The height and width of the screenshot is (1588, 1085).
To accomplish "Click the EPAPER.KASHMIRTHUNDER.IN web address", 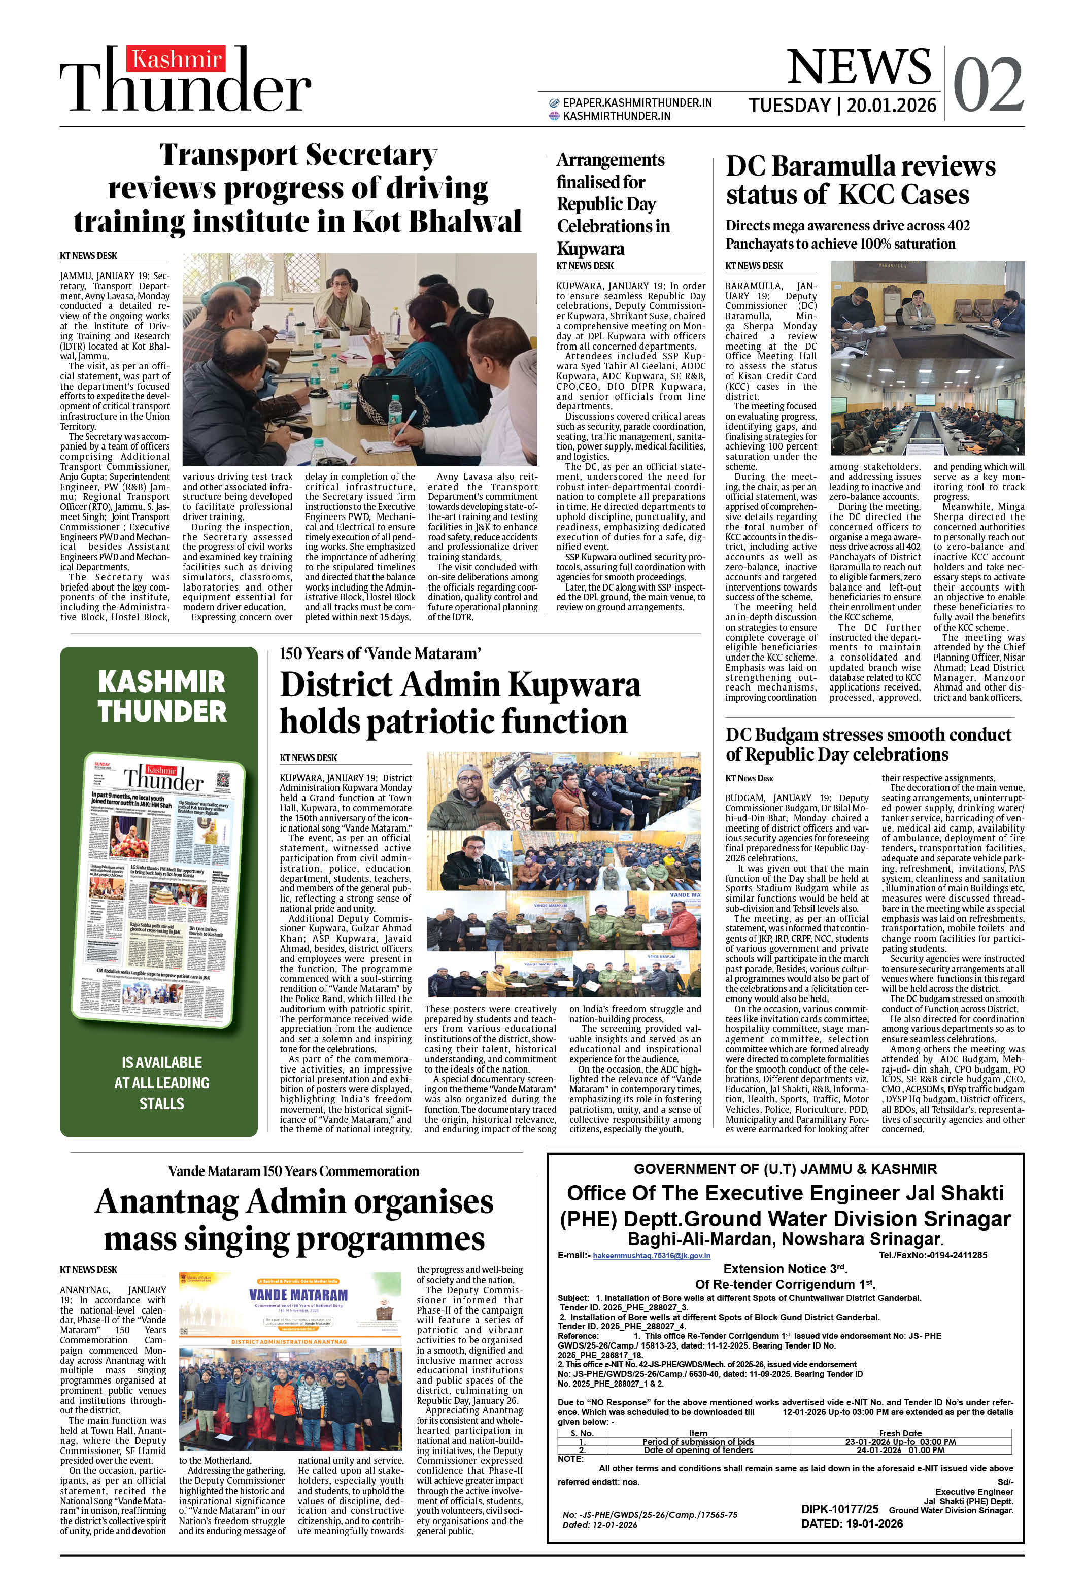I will click(636, 102).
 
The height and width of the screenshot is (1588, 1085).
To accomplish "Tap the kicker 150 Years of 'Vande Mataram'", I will click(380, 653).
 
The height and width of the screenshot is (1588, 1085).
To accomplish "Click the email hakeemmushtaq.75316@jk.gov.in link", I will click(651, 1255).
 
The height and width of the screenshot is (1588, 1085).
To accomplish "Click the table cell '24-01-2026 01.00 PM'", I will click(900, 1450).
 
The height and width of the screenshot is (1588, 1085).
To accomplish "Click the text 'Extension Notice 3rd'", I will click(785, 1269).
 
